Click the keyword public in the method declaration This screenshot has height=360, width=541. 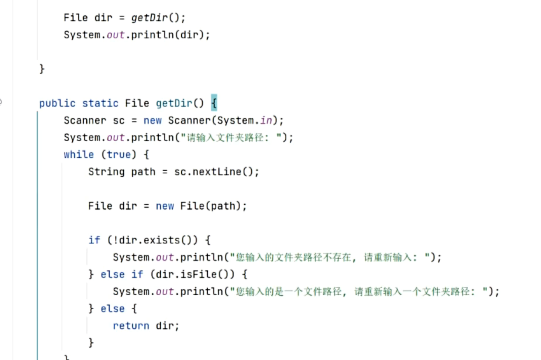pyautogui.click(x=57, y=103)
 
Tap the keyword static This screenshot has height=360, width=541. pyautogui.click(x=100, y=103)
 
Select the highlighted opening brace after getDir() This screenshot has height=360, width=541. pyautogui.click(x=214, y=103)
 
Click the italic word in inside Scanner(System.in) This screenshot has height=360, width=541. pyautogui.click(x=266, y=121)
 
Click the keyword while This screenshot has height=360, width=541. pyautogui.click(x=79, y=155)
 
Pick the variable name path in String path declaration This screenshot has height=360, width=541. pyautogui.click(x=143, y=172)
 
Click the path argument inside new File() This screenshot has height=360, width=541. pyautogui.click(x=223, y=206)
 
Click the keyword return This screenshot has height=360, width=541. pyautogui.click(x=131, y=326)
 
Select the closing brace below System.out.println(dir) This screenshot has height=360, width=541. pyautogui.click(x=42, y=69)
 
